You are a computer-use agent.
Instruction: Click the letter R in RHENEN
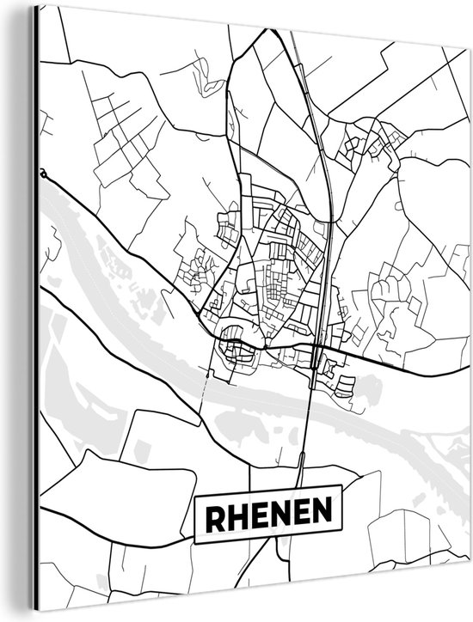tap(214, 515)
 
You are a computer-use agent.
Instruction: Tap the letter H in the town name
tap(236, 515)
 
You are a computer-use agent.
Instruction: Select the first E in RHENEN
tap(256, 515)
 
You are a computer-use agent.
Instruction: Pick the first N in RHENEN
tap(277, 515)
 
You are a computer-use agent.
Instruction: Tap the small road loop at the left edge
tap(42, 173)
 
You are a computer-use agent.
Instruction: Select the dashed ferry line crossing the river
tap(205, 387)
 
